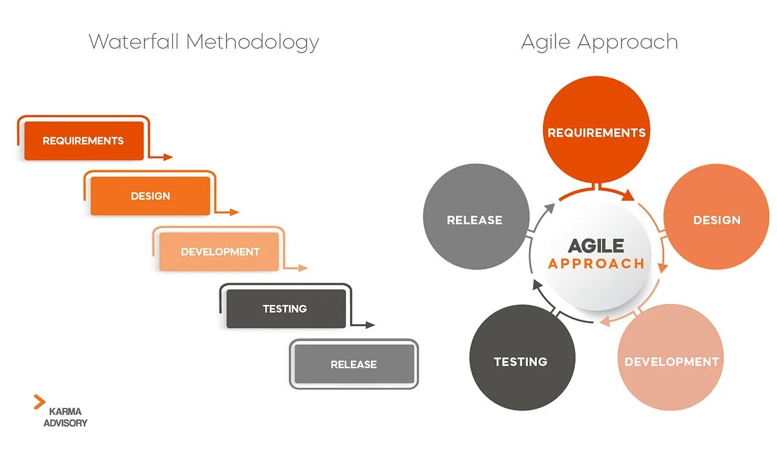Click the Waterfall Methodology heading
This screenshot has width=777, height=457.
[204, 42]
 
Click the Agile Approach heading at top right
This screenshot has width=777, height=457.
[600, 42]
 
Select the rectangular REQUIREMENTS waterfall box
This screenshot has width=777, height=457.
[84, 140]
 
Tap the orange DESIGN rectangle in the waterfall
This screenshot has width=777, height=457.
[150, 195]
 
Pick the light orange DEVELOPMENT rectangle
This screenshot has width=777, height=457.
[220, 252]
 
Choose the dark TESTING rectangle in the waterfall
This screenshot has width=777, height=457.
[286, 309]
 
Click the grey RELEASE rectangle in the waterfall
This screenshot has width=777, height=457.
[354, 364]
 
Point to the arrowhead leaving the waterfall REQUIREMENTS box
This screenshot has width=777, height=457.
[168, 157]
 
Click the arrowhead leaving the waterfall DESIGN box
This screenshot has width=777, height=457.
[235, 212]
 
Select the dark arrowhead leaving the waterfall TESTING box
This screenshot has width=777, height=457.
[370, 325]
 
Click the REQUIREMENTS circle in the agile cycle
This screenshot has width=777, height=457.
[596, 133]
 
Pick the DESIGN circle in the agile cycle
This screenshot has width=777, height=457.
[717, 220]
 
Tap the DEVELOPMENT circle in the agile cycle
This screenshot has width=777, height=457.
[671, 361]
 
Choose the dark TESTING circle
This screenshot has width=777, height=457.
[521, 361]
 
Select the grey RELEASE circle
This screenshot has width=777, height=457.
[475, 220]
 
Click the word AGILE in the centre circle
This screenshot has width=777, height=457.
[596, 246]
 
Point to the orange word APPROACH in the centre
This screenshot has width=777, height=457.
[596, 263]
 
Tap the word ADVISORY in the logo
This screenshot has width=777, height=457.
[65, 423]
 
